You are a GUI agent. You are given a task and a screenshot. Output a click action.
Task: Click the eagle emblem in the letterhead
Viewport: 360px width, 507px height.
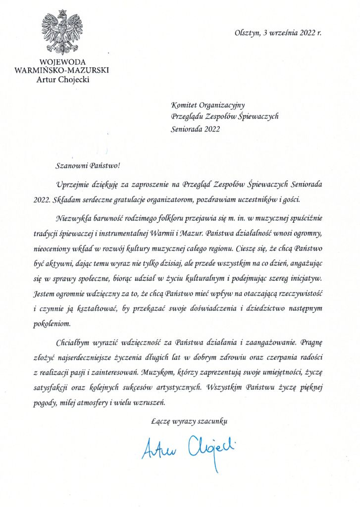[62, 32]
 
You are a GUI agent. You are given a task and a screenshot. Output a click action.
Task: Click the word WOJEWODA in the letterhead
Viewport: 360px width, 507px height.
[62, 62]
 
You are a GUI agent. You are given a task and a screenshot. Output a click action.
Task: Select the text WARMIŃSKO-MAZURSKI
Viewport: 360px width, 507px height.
[62, 71]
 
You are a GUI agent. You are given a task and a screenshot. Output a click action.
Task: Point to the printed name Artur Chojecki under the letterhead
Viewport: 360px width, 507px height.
[62, 80]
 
